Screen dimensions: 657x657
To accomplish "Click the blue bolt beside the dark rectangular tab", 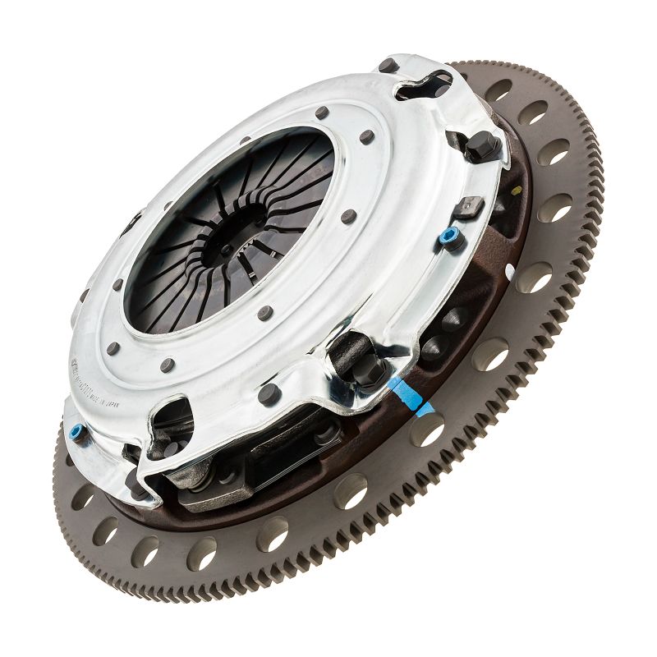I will pos(448,237).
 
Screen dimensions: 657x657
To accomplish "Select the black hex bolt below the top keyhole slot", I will pos(482,146).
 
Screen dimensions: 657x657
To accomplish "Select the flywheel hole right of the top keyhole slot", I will pos(498,90).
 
